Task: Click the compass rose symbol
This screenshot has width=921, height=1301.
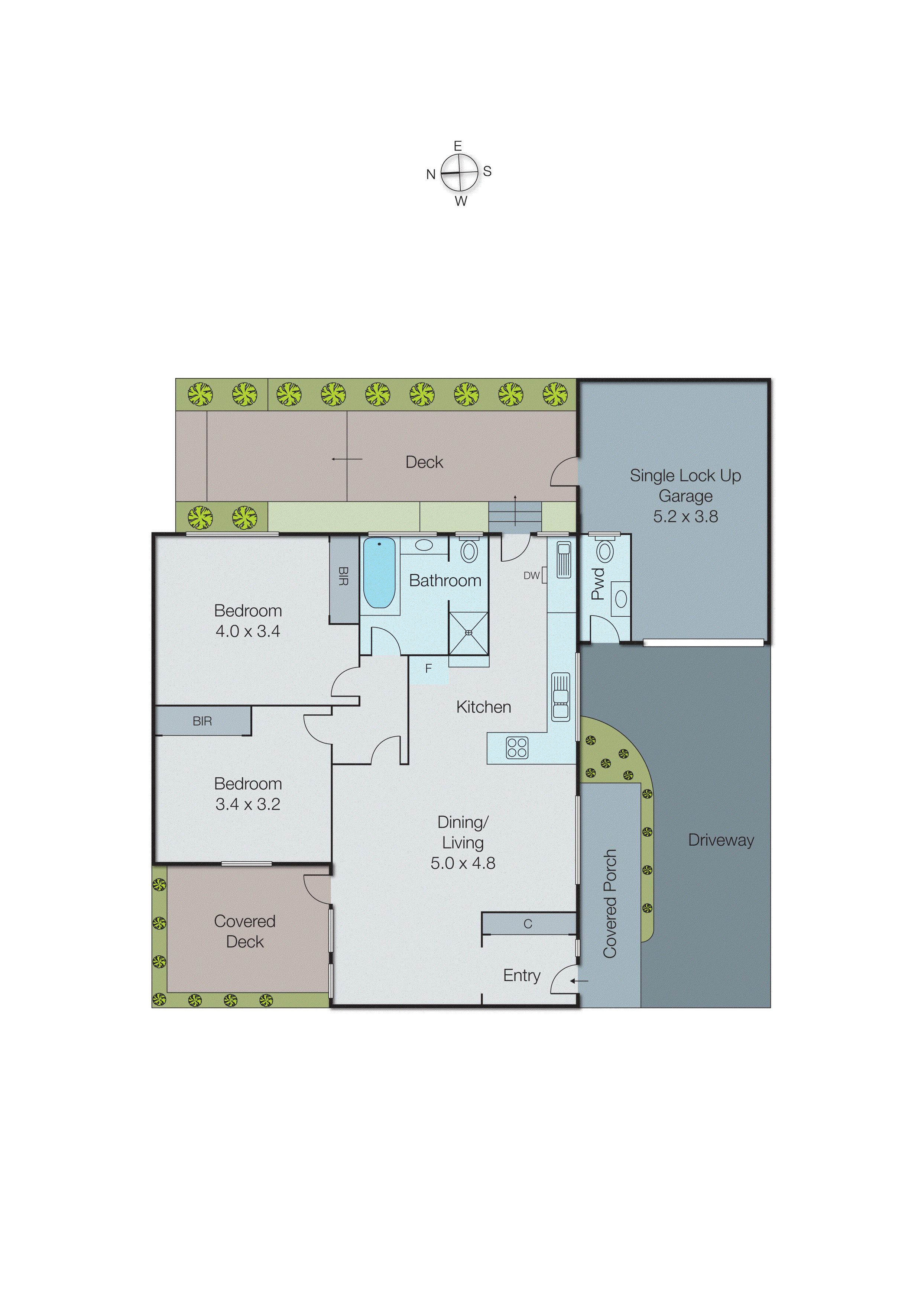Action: point(459,173)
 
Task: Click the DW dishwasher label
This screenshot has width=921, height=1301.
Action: point(531,575)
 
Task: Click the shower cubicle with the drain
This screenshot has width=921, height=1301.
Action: point(468,633)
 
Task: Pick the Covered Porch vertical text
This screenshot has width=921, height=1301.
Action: point(610,903)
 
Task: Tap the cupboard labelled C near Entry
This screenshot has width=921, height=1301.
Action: point(528,924)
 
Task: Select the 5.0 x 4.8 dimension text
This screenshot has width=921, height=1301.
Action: point(463,863)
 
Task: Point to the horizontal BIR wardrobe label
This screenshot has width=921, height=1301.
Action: point(202,721)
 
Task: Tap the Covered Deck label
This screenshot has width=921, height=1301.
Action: point(245,931)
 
